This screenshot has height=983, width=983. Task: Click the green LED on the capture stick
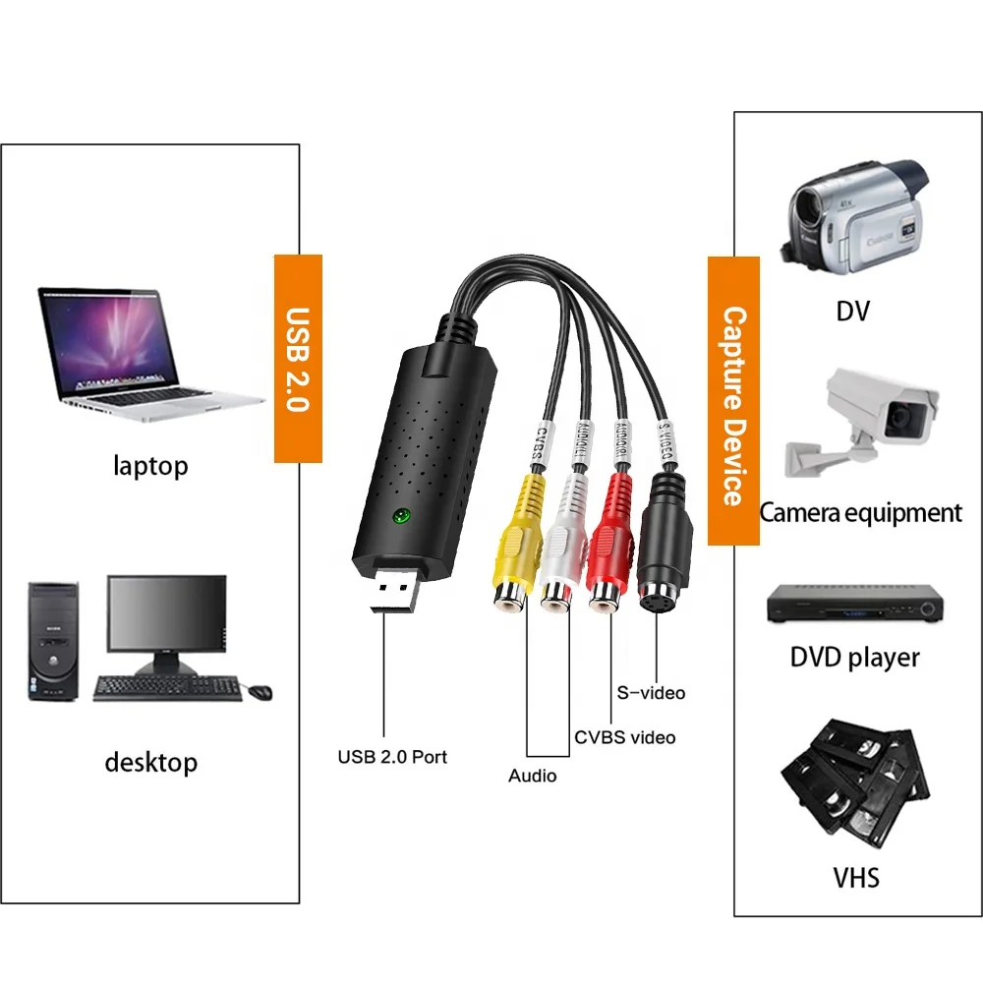pyautogui.click(x=401, y=516)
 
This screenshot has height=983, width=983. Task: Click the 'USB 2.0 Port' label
pyautogui.click(x=392, y=757)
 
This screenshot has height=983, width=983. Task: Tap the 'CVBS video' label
pyautogui.click(x=625, y=736)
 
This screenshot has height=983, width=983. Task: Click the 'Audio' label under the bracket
pyautogui.click(x=532, y=777)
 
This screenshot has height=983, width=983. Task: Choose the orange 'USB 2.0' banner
pyautogui.click(x=298, y=359)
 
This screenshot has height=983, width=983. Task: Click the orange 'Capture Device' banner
pyautogui.click(x=733, y=401)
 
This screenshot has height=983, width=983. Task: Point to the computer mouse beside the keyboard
pyautogui.click(x=260, y=692)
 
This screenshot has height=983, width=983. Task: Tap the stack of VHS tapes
pyautogui.click(x=853, y=781)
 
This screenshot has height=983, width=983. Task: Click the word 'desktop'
pyautogui.click(x=150, y=763)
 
